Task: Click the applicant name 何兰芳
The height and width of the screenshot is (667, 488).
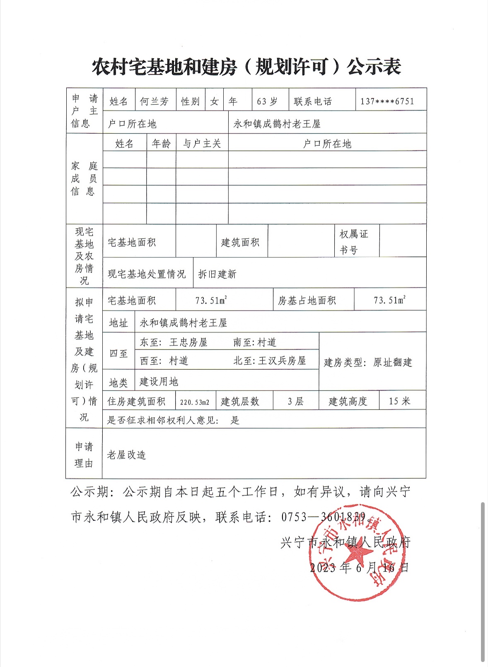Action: coord(154,101)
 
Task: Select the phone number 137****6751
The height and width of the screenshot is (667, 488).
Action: coord(387,101)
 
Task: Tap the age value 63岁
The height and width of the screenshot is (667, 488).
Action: coord(267,101)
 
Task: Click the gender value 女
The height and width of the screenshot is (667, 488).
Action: coord(214,101)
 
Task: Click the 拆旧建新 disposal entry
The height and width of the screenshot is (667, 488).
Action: coord(217,274)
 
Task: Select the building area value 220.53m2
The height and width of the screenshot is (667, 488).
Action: coord(195,402)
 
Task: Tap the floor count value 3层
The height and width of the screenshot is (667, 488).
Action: coord(296,401)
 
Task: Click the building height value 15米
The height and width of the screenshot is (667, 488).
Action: coord(399,401)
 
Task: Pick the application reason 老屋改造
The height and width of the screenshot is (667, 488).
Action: coord(126,455)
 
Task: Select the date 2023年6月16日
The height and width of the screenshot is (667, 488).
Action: coord(359,567)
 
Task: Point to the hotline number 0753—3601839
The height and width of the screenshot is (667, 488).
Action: coord(324,517)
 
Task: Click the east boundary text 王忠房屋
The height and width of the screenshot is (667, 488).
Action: coord(188,342)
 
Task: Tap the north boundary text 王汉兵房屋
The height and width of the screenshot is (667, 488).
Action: coord(282,361)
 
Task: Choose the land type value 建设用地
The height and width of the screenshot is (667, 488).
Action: coord(159,381)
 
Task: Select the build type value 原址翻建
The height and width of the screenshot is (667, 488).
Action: coord(393,362)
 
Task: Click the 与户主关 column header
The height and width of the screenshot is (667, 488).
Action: coord(202,144)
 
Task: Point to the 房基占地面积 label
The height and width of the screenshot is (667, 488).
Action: coord(307,301)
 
